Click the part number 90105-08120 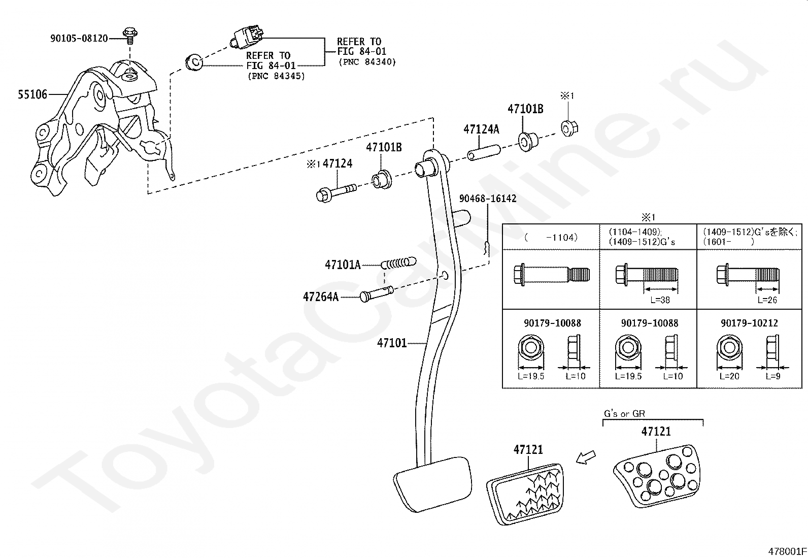(x=79, y=38)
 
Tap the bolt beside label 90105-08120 (x=130, y=36)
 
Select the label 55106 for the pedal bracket (x=32, y=94)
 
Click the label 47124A (x=481, y=129)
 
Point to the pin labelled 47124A (x=484, y=153)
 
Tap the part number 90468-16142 (x=488, y=199)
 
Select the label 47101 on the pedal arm (x=392, y=343)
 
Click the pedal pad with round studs (x=657, y=476)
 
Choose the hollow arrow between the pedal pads (x=586, y=458)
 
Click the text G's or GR (x=624, y=414)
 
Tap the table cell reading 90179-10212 (x=749, y=323)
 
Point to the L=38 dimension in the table (x=660, y=300)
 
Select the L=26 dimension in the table (x=767, y=300)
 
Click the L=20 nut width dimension (x=729, y=376)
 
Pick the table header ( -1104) (x=551, y=238)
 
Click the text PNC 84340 (x=367, y=62)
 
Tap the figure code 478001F (x=787, y=551)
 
